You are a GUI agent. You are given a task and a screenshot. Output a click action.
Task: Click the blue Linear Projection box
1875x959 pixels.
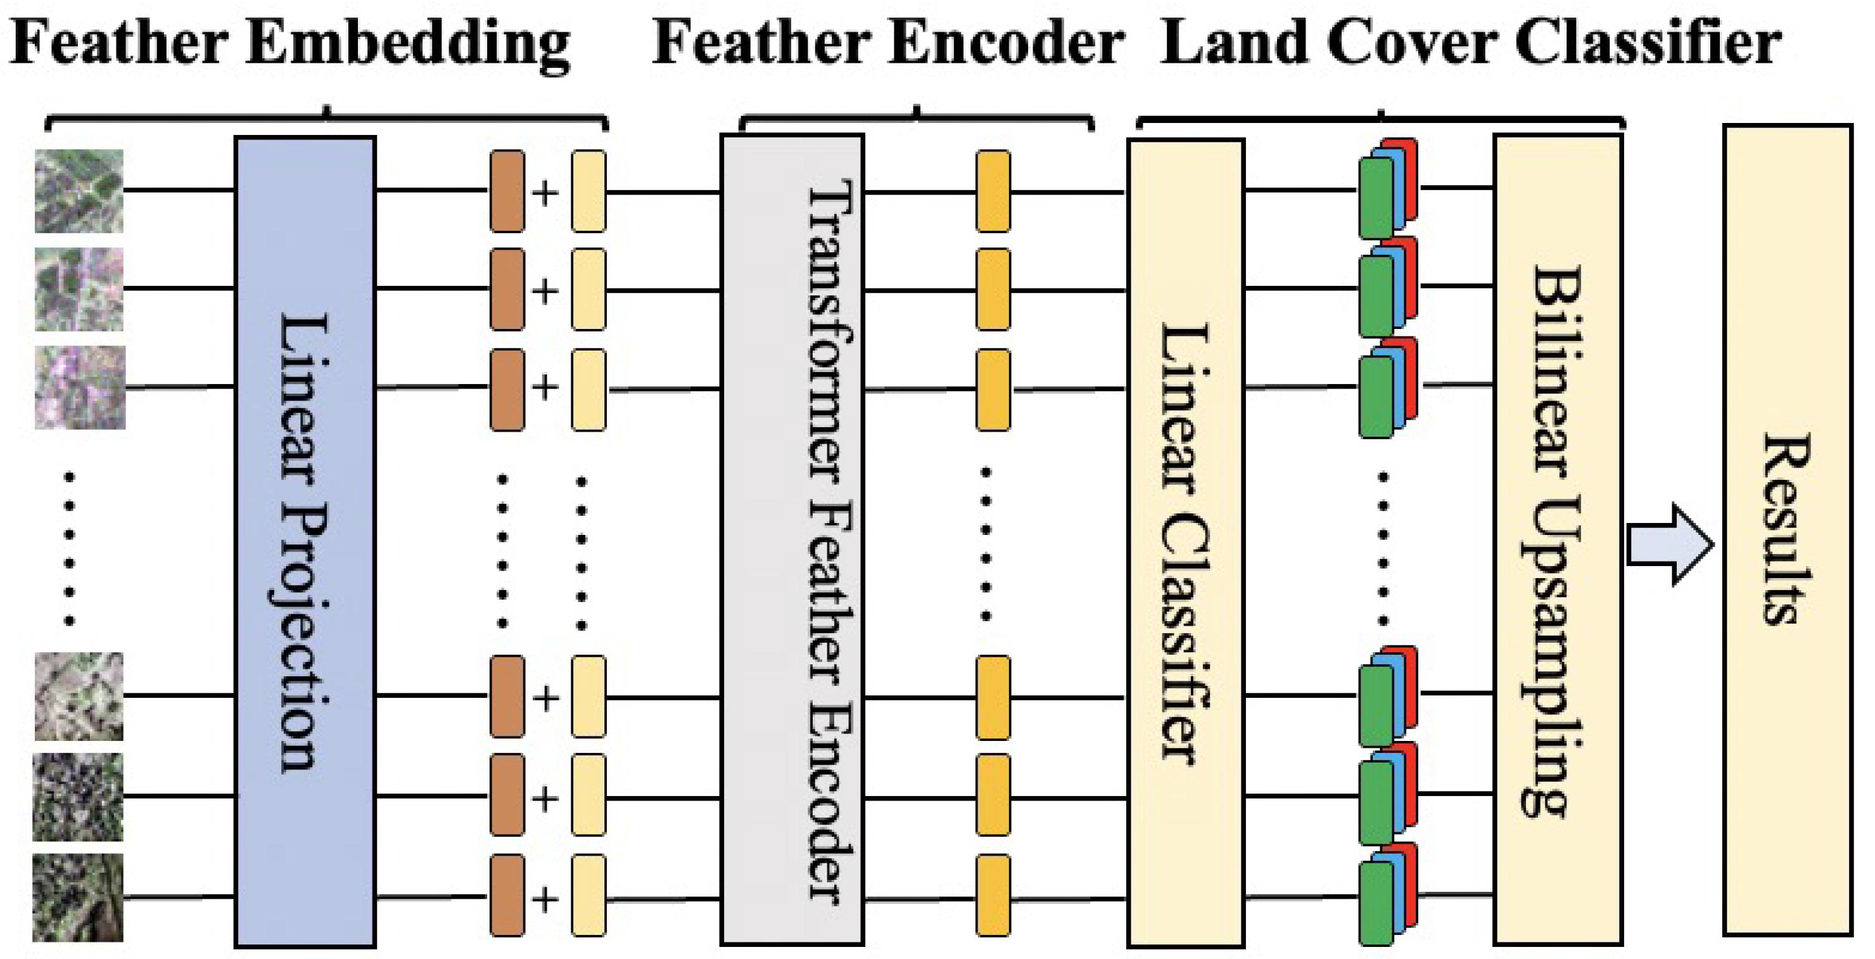coord(304,542)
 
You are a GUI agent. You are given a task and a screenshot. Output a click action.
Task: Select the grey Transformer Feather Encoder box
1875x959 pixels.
coord(792,539)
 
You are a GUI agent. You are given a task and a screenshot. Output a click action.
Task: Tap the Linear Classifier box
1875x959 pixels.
coord(1185,543)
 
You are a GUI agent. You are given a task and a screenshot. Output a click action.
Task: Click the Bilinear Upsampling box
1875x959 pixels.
coord(1558,539)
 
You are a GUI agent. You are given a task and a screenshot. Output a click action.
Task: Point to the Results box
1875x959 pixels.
coord(1787,529)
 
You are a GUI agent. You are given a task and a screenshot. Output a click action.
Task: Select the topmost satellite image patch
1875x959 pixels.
coord(79,191)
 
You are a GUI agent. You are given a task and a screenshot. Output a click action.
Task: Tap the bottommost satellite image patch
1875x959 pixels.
coord(78,897)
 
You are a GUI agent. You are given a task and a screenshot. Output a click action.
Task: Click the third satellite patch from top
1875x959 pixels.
coord(80,387)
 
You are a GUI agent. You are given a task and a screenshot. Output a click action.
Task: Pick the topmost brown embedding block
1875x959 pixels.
coord(507,191)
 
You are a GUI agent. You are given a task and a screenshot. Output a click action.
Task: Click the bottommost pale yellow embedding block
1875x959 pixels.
coord(588,895)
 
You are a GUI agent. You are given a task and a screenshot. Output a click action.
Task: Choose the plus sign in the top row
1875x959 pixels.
coord(545,193)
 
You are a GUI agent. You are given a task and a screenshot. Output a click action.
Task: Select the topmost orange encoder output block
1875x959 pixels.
coord(993,191)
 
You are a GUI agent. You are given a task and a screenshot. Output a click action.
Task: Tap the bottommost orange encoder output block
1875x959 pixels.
coord(993,895)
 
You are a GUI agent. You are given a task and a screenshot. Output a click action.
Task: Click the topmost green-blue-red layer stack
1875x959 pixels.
coord(1387,188)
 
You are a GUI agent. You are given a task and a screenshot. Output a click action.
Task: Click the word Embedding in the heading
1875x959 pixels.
coord(407,44)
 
